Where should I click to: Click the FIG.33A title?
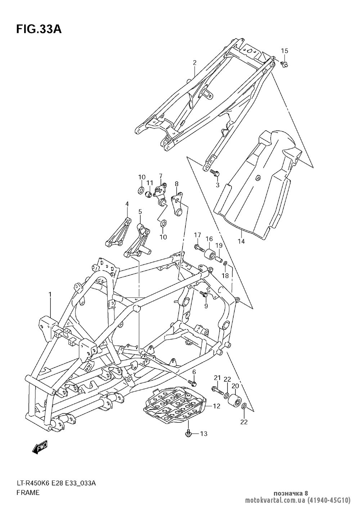pyautogui.click(x=39, y=29)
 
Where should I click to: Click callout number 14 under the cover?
pyautogui.click(x=241, y=241)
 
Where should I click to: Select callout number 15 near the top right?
pyautogui.click(x=284, y=51)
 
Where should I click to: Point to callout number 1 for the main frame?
pyautogui.click(x=50, y=295)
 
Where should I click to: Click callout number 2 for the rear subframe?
pyautogui.click(x=194, y=63)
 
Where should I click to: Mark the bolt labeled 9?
pyautogui.click(x=204, y=294)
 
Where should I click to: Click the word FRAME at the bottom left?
pyautogui.click(x=28, y=493)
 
